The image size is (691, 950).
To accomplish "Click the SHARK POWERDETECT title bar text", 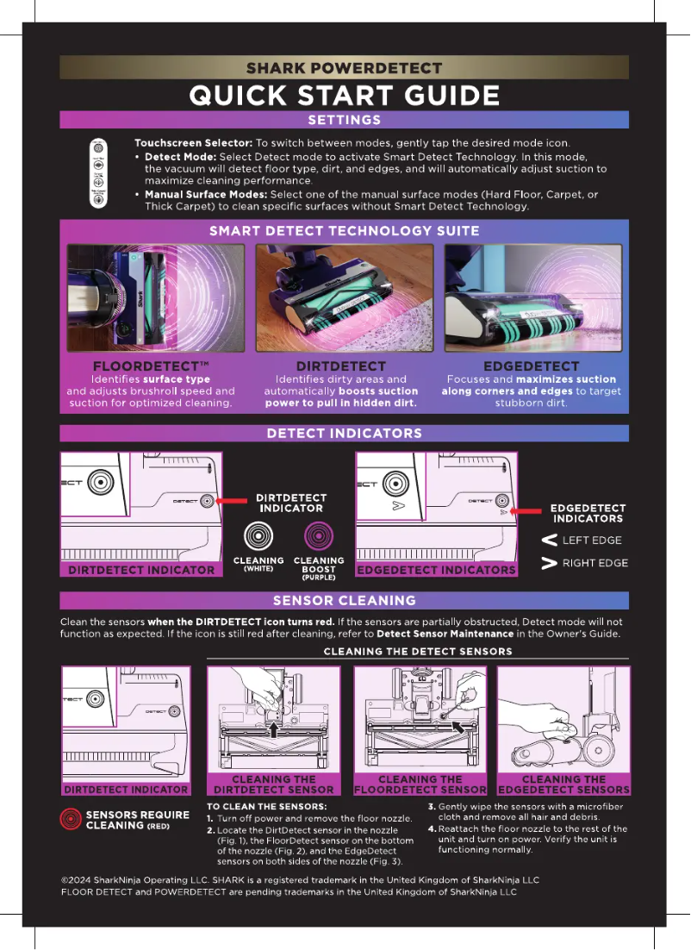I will coord(344,68).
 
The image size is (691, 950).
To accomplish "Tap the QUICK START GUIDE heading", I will coord(344,95).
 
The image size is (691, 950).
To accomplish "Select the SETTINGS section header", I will coord(344,120).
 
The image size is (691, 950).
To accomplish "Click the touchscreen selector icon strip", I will coord(99,172).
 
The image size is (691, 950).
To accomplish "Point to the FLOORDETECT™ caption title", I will coord(151,366).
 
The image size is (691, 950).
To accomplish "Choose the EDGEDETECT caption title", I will coord(531,366).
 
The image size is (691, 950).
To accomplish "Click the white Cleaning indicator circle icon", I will coord(258,538).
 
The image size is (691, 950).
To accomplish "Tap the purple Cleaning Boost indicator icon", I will coord(318,538).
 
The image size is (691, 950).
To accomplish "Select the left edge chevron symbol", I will coord(547,541).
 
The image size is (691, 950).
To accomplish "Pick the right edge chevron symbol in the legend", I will coord(547,565).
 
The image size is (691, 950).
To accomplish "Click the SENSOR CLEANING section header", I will coord(344,600).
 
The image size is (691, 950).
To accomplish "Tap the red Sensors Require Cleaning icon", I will coord(71,820).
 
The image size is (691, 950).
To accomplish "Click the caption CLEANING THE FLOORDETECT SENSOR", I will coord(420,784).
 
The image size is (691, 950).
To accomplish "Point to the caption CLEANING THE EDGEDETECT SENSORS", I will coord(563,784).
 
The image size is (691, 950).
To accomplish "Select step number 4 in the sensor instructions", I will coord(432,829).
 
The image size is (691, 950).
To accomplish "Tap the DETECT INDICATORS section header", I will coord(344,433).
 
